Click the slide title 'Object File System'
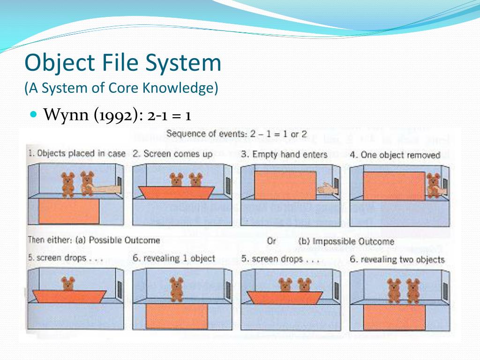tap(123, 63)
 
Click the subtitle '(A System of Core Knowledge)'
tap(122, 88)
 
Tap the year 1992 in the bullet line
tap(118, 115)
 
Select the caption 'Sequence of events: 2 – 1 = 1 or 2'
tap(236, 134)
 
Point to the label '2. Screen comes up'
tap(172, 154)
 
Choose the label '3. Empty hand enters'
tap(283, 154)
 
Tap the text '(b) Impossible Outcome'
tap(346, 241)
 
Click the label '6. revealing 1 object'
tap(173, 258)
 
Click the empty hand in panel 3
tap(325, 188)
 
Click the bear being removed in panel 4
tap(433, 186)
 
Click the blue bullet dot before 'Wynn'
tap(33, 114)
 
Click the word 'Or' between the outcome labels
tap(271, 241)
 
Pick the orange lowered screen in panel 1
tap(68, 211)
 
